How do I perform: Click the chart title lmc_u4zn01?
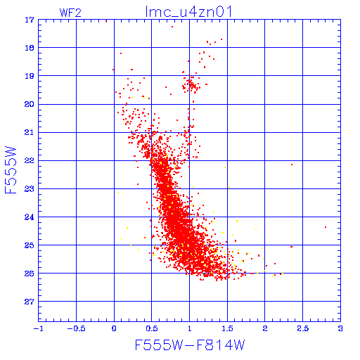[188, 12]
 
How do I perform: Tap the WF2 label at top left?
[70, 13]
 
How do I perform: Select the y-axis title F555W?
[11, 170]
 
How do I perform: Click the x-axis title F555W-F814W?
[190, 345]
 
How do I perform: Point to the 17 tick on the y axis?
[30, 20]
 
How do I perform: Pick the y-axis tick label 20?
[30, 104]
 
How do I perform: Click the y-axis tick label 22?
[30, 160]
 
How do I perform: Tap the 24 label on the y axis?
[30, 217]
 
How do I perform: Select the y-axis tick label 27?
[30, 302]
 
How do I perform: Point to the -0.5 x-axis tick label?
[76, 328]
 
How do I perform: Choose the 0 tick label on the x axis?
[114, 328]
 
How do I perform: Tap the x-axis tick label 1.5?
[227, 328]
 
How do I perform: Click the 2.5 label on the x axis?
[303, 328]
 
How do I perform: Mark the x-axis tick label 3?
[340, 328]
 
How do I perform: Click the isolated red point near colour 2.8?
[326, 227]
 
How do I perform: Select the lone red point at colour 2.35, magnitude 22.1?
[292, 165]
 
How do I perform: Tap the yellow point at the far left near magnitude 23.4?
[41, 200]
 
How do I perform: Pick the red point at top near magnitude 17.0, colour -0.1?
[106, 21]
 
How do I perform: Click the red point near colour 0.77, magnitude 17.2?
[172, 27]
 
